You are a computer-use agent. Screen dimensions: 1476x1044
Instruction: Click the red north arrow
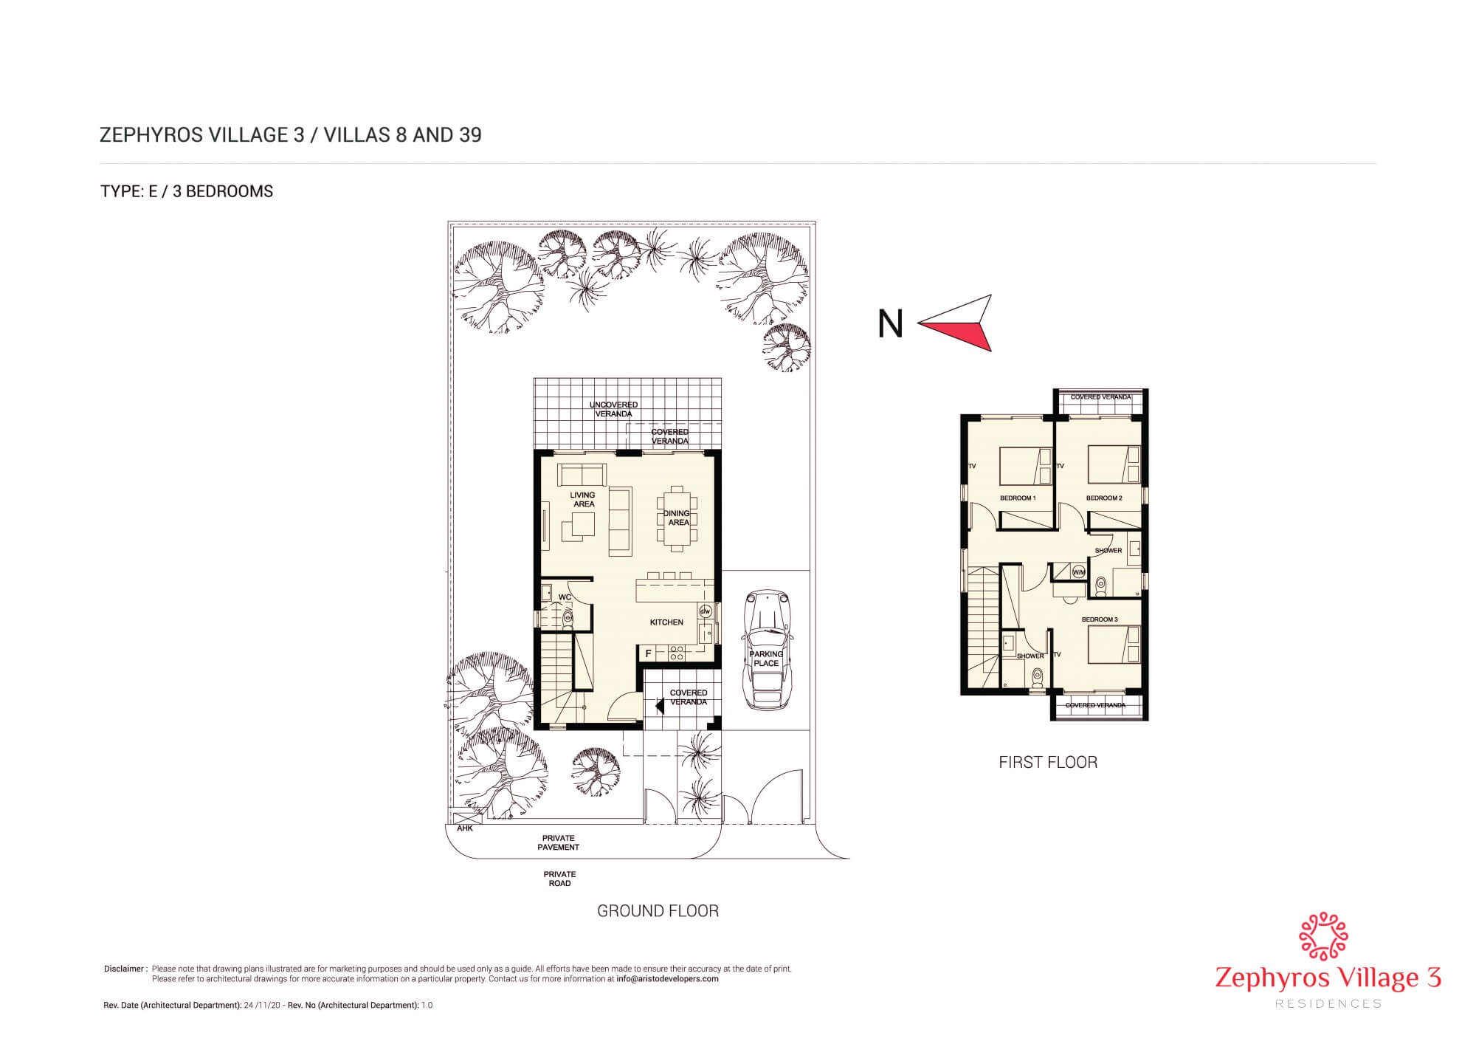(x=959, y=325)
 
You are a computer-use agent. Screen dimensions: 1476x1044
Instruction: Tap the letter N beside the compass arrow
(x=890, y=323)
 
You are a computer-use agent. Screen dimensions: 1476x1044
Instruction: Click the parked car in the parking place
(x=767, y=650)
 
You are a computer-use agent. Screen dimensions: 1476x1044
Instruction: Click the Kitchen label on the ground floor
(x=666, y=622)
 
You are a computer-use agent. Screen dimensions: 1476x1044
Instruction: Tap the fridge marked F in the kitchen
(x=649, y=653)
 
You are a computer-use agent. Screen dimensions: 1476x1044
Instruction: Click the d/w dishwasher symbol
(x=705, y=611)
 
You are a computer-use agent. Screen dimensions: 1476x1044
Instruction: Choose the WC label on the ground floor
(x=565, y=597)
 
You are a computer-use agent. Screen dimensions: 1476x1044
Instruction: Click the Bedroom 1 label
(x=1018, y=498)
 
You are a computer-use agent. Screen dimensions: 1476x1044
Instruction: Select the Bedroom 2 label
(x=1104, y=498)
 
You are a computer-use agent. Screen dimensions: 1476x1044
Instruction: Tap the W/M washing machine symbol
(x=1079, y=572)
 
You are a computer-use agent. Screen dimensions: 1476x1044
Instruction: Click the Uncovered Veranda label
(x=613, y=409)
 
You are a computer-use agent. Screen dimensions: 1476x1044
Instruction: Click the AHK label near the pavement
(x=465, y=828)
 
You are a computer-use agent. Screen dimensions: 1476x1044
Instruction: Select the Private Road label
(x=559, y=879)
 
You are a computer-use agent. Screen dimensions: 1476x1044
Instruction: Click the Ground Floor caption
(x=658, y=911)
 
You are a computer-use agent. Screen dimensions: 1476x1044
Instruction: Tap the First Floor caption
(x=1048, y=763)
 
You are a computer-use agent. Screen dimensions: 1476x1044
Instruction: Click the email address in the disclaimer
(x=667, y=979)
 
